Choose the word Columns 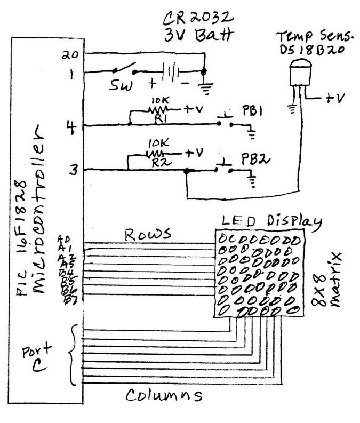[x=164, y=395]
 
